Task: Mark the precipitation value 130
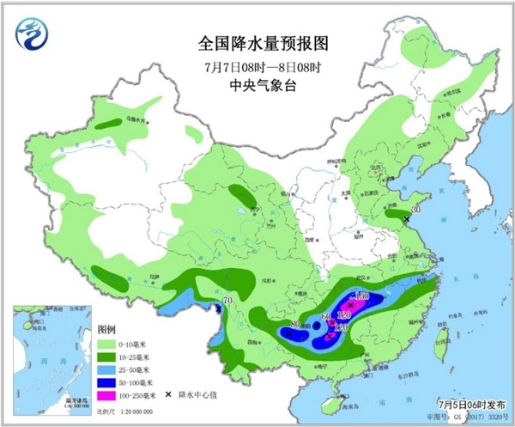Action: tap(363, 296)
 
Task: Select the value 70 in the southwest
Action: tap(227, 300)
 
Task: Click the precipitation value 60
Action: tap(326, 318)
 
